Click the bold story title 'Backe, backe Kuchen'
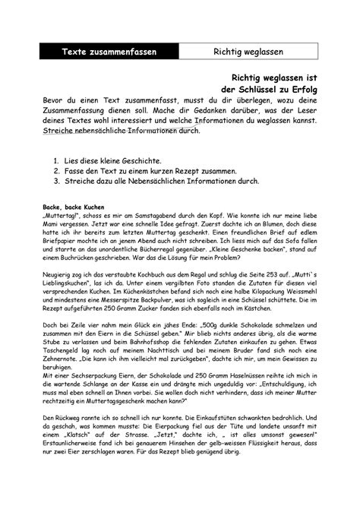click(x=74, y=207)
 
